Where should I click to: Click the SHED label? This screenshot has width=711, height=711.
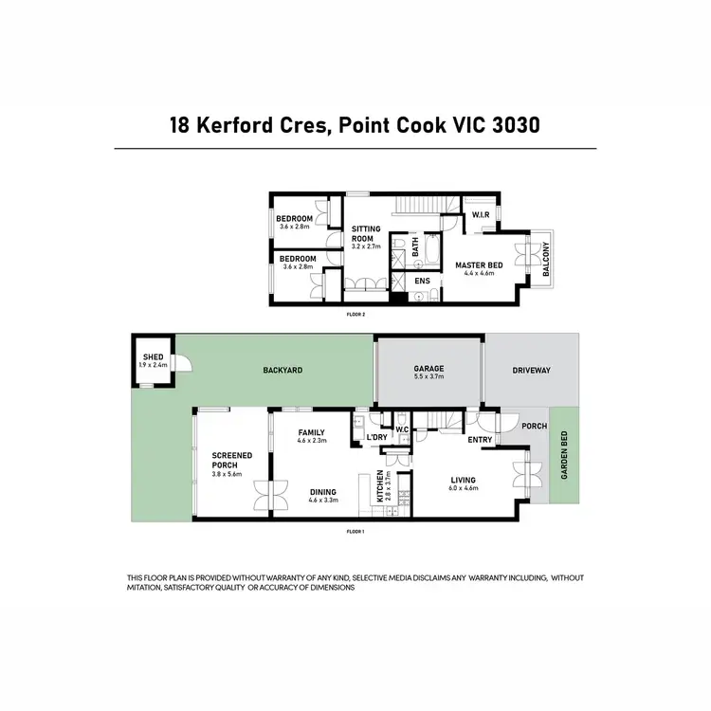[x=152, y=357]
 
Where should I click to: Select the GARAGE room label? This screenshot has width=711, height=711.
[x=428, y=369]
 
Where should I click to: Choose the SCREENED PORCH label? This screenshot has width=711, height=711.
[x=231, y=461]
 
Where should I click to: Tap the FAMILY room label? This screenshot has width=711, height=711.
[x=311, y=432]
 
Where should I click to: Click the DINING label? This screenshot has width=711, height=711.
[x=323, y=491]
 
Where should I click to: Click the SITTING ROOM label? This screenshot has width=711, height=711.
[x=365, y=233]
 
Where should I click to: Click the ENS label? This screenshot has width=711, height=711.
[x=422, y=282]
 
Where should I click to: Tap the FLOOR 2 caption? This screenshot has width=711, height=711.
[x=356, y=313]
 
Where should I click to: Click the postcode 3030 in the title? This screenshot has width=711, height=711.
[x=509, y=125]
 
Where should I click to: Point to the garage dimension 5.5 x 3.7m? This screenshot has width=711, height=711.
[x=428, y=377]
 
